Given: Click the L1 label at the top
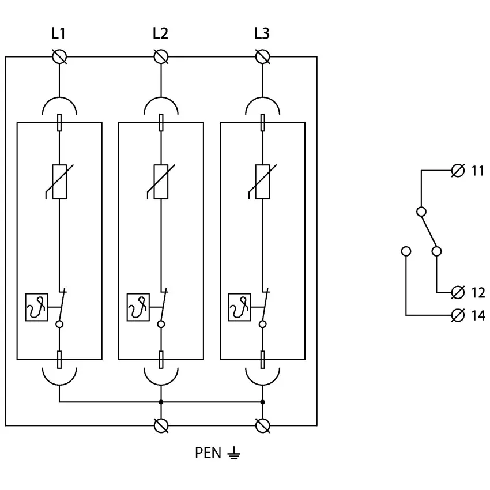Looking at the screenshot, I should [x=58, y=34].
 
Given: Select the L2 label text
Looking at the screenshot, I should [x=160, y=34].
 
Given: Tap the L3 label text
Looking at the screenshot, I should [x=262, y=34].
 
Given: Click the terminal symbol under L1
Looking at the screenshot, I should [x=59, y=56].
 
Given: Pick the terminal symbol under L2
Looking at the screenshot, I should [x=161, y=56].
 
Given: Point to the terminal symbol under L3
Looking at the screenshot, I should [x=263, y=56].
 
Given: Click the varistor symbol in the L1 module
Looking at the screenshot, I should [x=59, y=182].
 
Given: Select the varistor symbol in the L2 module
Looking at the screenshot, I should [x=160, y=182].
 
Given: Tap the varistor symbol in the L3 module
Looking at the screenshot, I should [x=262, y=182].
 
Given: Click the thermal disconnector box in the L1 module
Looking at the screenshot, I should [x=36, y=307].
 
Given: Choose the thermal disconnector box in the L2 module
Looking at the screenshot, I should [x=138, y=307].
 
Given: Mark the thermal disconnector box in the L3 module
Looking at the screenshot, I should [x=240, y=307].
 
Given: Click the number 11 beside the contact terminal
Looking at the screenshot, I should [x=478, y=171].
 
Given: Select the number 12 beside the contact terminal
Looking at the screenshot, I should [x=478, y=292].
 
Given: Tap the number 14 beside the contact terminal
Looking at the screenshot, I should [x=478, y=315].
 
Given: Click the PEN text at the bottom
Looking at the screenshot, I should [x=208, y=453].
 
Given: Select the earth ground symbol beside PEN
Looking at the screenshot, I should [x=233, y=454].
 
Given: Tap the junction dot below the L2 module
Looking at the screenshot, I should [x=161, y=402].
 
